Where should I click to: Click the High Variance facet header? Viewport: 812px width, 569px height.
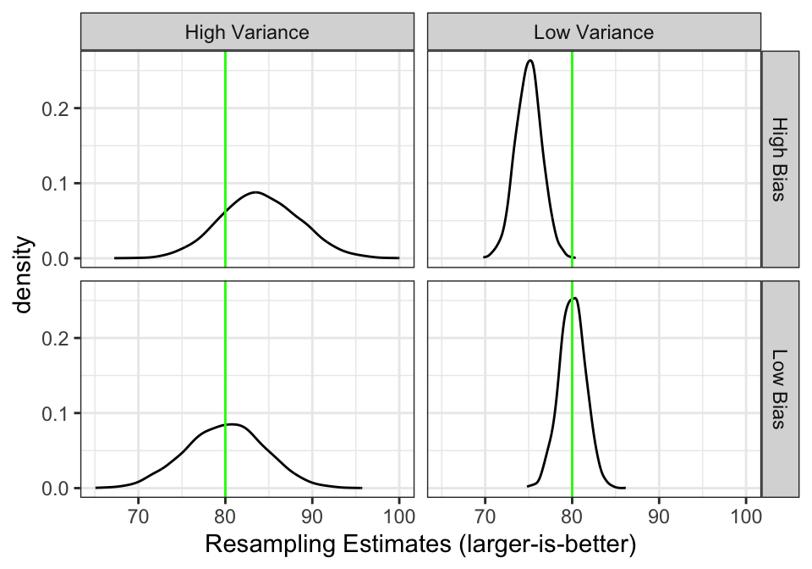247,33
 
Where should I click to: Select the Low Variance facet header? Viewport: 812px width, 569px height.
594,33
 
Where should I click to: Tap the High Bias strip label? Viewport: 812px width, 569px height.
780,159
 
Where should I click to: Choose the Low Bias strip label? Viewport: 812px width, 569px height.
780,389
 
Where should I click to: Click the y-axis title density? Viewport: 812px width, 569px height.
26,274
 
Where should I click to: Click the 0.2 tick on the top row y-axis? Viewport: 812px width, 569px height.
56,108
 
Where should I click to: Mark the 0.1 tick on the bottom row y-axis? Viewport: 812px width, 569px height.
56,413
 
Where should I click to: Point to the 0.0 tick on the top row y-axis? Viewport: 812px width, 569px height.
56,258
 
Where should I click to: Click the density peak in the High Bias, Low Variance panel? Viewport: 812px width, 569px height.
529,60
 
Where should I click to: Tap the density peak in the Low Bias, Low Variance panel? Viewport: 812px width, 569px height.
575,298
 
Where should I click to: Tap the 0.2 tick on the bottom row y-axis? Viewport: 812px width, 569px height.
56,338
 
